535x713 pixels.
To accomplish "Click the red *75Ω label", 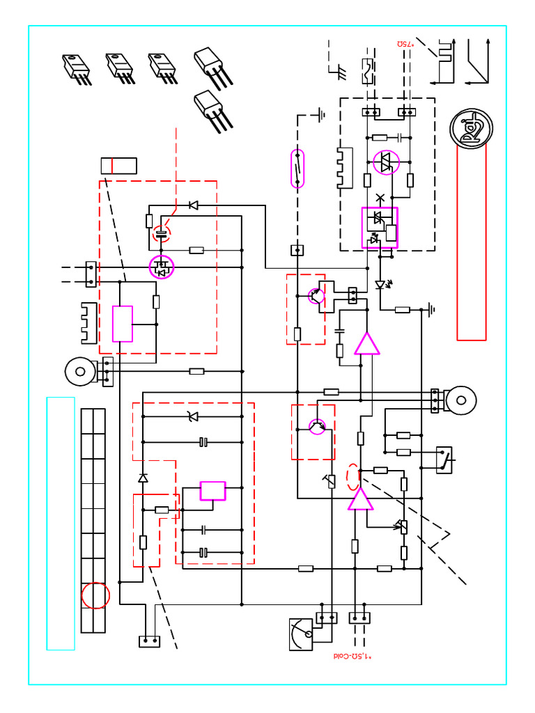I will point(405,44).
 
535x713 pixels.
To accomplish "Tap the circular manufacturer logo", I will point(471,127).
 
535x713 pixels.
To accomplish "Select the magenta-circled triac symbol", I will point(385,162).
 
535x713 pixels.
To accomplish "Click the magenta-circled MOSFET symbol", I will point(162,267).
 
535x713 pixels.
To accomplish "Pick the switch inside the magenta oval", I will point(297,168).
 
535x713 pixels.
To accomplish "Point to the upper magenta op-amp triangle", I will point(366,343).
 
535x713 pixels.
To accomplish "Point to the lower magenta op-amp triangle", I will point(359,499).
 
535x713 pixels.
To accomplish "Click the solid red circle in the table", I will point(95,595).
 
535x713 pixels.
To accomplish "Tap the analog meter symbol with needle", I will point(302,634).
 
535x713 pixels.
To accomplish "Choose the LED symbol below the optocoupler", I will point(380,284).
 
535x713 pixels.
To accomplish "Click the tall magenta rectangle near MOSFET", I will point(123,324).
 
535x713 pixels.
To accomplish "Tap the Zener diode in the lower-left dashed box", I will point(193,416).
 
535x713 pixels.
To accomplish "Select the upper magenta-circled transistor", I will point(316,296).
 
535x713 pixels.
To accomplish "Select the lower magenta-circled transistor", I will point(318,426).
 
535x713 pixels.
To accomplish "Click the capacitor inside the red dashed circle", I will point(161,233).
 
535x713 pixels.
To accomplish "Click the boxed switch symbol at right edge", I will point(444,460).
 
